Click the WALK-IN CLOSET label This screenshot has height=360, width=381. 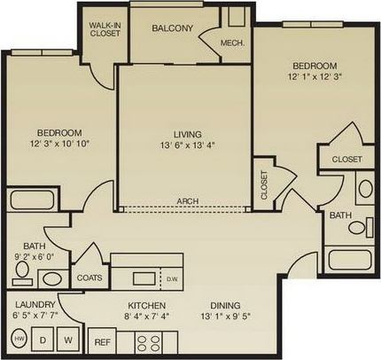pyautogui.click(x=105, y=28)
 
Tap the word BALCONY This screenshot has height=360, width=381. pyautogui.click(x=172, y=28)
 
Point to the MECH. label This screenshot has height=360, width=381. pyautogui.click(x=232, y=43)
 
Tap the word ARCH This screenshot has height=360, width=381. pyautogui.click(x=187, y=201)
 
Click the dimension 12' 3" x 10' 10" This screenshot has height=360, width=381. pyautogui.click(x=60, y=142)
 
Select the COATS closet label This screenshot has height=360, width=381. pyautogui.click(x=89, y=276)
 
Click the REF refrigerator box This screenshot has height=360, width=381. pyautogui.click(x=102, y=341)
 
